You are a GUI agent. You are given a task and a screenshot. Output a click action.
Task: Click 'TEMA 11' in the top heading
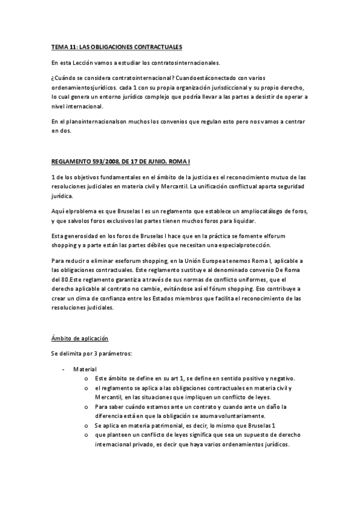tap(64, 46)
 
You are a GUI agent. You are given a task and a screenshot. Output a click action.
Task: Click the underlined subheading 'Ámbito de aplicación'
tap(80, 339)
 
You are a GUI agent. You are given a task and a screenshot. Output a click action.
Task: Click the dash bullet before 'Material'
tap(64, 369)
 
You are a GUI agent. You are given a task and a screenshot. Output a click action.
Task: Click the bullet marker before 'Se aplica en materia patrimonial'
tap(87, 426)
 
